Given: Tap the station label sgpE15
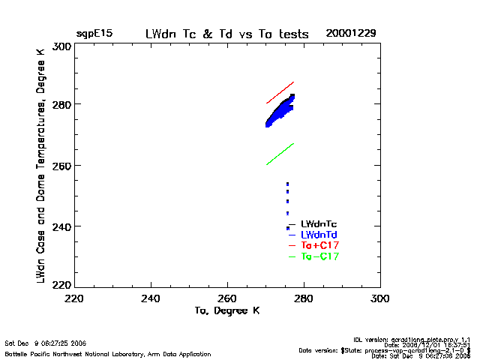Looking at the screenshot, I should tap(94, 34).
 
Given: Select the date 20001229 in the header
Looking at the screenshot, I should tap(350, 34).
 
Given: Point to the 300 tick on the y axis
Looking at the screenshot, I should tap(62, 46).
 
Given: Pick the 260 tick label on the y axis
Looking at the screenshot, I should tap(62, 165).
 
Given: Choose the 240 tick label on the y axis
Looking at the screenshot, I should tap(62, 226).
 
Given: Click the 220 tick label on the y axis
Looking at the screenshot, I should tap(62, 285).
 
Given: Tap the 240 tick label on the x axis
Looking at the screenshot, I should tap(151, 298).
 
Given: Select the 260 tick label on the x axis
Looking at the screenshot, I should tap(227, 298).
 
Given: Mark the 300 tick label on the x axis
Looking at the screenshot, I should tap(380, 298).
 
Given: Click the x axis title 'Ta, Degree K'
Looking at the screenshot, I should tap(227, 310).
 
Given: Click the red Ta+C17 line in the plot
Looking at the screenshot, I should tap(280, 92).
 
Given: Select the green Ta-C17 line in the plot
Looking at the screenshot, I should tap(280, 154).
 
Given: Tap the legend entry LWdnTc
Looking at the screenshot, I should tap(318, 223).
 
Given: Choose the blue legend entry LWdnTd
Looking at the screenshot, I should tap(318, 235).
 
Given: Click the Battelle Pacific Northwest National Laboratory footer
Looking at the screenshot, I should tap(108, 353).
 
